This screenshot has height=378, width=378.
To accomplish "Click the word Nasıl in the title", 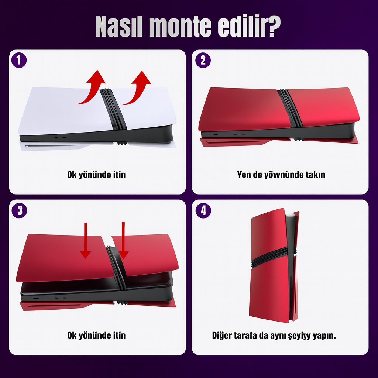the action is tap(119, 26).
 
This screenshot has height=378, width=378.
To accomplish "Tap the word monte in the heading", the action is tap(180, 27).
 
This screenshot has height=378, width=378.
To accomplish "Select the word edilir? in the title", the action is tap(249, 26).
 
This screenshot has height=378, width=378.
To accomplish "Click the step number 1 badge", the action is tap(19, 60).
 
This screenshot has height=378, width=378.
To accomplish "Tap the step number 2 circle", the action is tap(203, 60).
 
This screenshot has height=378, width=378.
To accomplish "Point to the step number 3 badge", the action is tap(19, 210).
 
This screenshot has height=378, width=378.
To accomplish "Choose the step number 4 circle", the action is tap(203, 210).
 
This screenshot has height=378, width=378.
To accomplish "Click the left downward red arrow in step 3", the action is tap(85, 241).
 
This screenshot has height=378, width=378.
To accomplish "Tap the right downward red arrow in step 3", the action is tap(123, 241).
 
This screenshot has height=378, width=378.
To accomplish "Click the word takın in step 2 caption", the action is tap(315, 175).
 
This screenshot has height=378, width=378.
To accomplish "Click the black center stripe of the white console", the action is tap(113, 109).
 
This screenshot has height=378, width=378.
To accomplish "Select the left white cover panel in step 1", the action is tap(65, 111).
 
